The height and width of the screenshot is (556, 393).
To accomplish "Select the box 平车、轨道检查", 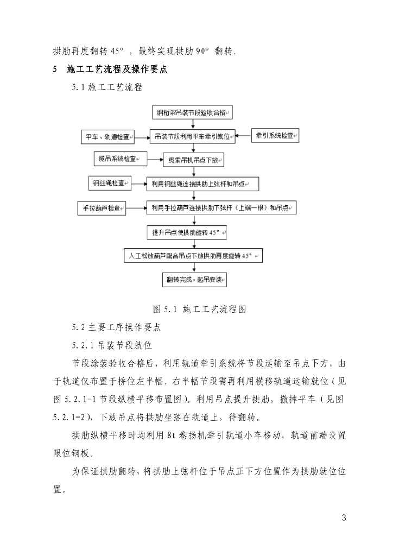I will [x=107, y=136].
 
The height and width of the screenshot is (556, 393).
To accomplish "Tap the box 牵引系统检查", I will [x=275, y=135].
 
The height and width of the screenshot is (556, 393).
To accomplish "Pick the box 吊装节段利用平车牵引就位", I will [x=192, y=136].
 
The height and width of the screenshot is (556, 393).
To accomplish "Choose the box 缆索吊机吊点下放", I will [x=193, y=160].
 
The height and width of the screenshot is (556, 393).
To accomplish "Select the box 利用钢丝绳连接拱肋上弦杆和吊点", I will [x=202, y=185].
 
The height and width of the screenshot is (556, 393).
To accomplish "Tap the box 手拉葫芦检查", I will [x=102, y=208].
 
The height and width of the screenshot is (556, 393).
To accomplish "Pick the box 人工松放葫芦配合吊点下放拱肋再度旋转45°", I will [x=193, y=256].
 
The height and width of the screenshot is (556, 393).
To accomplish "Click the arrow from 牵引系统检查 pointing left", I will [x=243, y=136].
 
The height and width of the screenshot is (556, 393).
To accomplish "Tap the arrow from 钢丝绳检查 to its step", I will [x=139, y=184].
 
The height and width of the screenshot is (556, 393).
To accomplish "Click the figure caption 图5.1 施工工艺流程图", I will [x=200, y=309].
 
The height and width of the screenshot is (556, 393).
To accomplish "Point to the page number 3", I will [x=344, y=516].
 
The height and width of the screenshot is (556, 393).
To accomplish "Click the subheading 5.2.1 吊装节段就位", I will [x=111, y=345].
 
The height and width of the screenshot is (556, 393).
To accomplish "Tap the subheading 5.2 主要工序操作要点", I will [x=116, y=327].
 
